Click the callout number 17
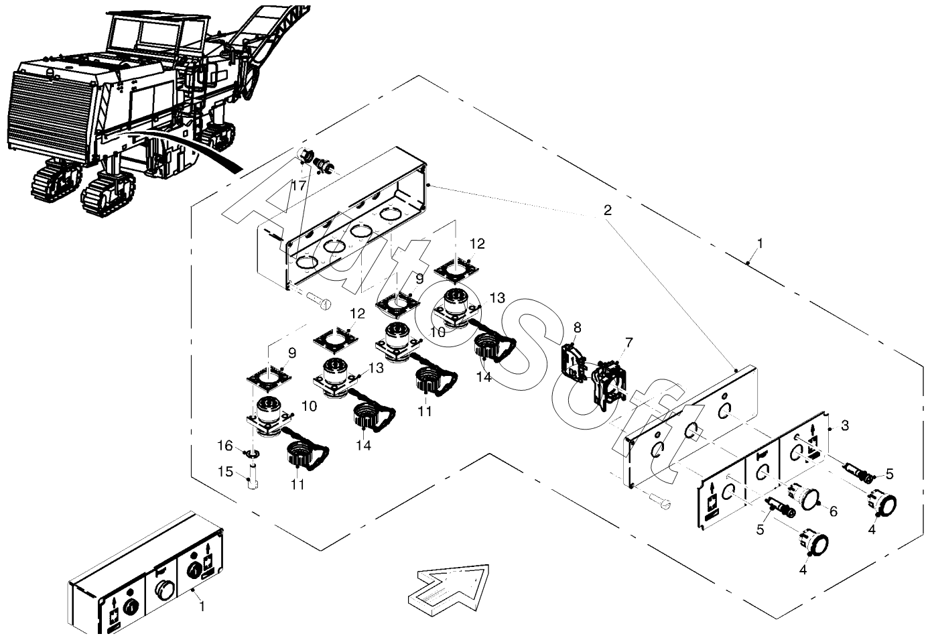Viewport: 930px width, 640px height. pyautogui.click(x=298, y=186)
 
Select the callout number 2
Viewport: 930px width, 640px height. pyautogui.click(x=608, y=210)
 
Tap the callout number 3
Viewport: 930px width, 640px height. pyautogui.click(x=845, y=426)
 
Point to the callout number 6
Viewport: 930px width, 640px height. pyautogui.click(x=834, y=512)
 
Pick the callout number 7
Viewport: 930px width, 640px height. pyautogui.click(x=629, y=342)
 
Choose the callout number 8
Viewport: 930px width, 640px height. pyautogui.click(x=577, y=328)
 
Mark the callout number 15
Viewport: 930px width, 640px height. pyautogui.click(x=226, y=472)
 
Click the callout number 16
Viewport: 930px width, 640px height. pyautogui.click(x=225, y=446)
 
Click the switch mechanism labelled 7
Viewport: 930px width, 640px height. pyautogui.click(x=608, y=385)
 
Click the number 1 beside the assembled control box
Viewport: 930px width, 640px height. pyautogui.click(x=202, y=606)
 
